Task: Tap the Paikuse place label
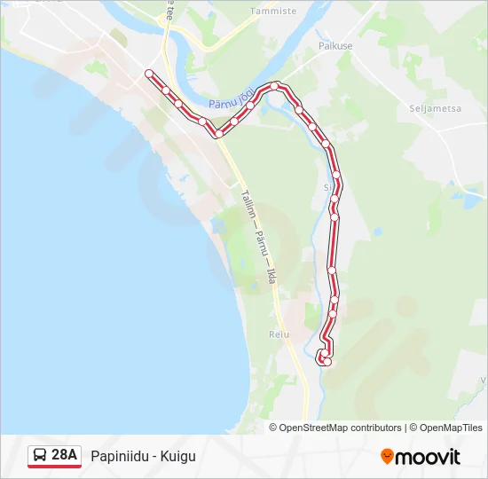[335, 45]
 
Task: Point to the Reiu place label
[279, 334]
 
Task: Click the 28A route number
[65, 456]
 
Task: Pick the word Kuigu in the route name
[177, 457]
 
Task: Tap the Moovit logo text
[428, 457]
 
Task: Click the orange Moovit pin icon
[387, 457]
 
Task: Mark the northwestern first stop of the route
[149, 74]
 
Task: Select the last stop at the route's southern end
[327, 361]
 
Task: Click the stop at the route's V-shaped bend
[217, 134]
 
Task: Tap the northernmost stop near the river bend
[278, 86]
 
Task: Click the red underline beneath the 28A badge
[54, 467]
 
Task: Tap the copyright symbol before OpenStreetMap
[273, 428]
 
